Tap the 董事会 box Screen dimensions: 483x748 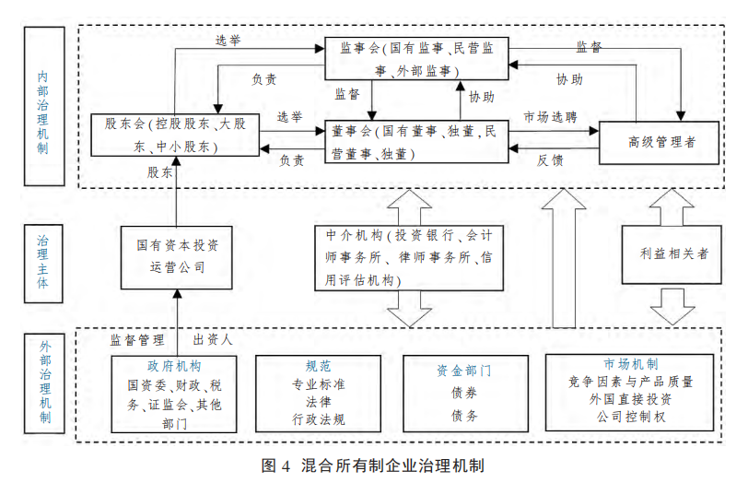415,142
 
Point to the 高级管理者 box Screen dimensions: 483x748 660,142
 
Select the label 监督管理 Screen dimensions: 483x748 136,339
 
